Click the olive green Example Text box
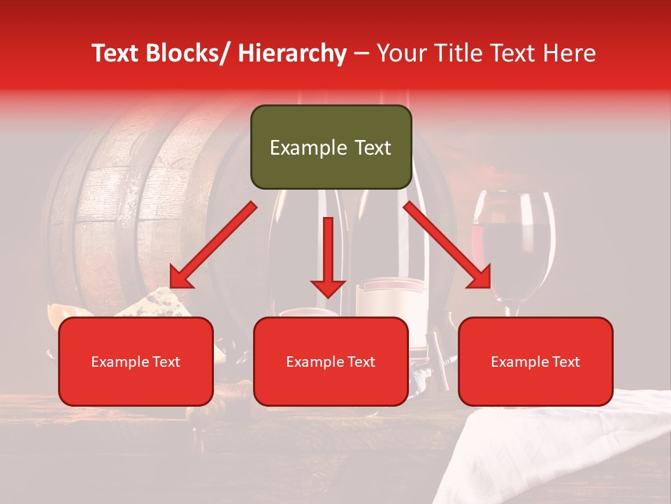coord(331,147)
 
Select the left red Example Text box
coord(136,361)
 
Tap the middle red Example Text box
coord(331,361)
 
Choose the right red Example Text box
coord(535,361)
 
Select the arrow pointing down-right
coord(447,245)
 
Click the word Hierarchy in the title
coord(292,53)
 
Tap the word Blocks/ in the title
coord(192,53)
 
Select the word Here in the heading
coord(570,53)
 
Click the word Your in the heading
coord(400,53)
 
